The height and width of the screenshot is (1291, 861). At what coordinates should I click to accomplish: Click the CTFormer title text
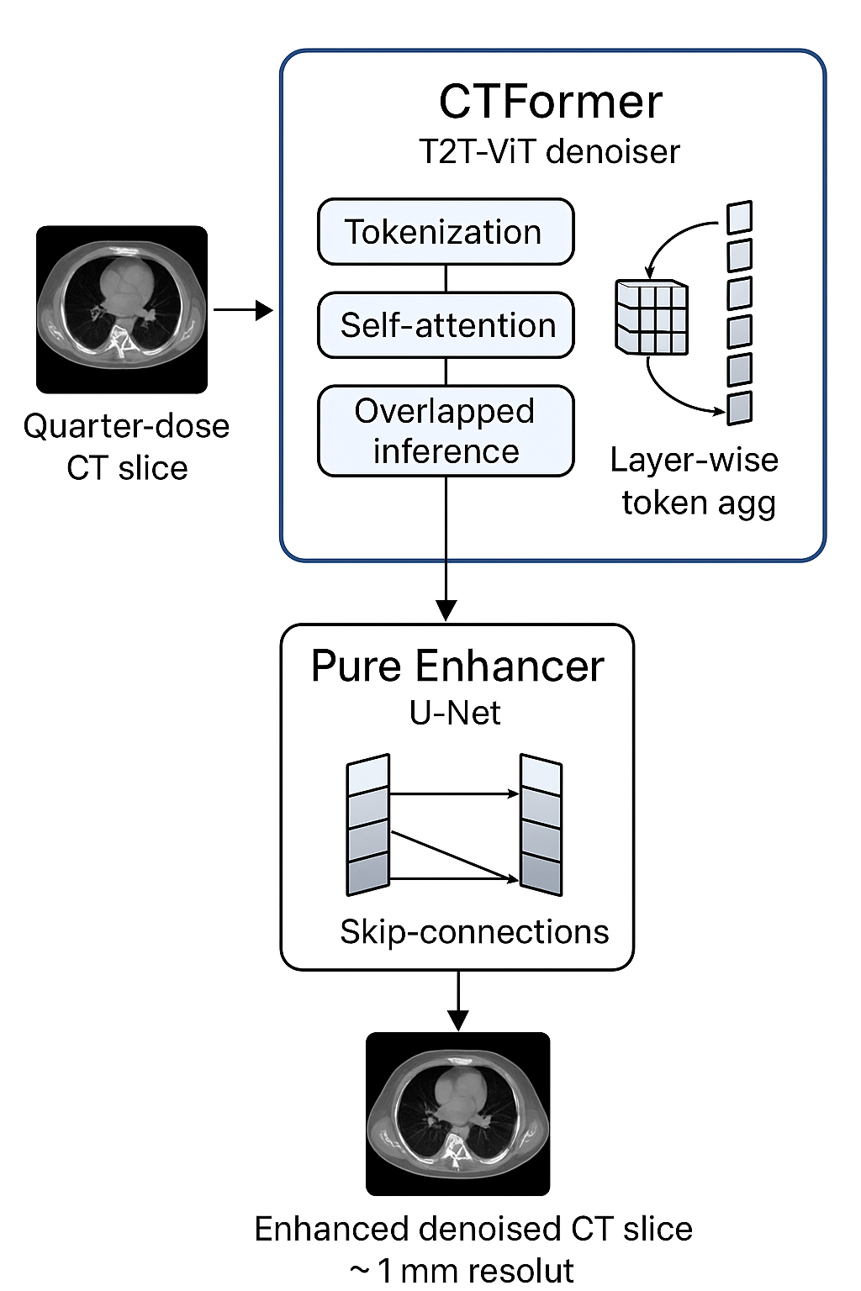[x=551, y=103]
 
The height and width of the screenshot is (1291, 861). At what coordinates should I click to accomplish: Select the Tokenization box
[x=446, y=232]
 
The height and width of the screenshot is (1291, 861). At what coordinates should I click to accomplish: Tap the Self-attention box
[x=446, y=325]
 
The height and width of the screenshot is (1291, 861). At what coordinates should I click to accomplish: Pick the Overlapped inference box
[x=446, y=431]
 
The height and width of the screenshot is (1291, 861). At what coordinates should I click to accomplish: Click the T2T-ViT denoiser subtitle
[x=549, y=152]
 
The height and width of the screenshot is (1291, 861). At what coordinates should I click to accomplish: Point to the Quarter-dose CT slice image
[x=122, y=309]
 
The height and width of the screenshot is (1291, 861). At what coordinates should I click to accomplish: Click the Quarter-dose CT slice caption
[x=126, y=446]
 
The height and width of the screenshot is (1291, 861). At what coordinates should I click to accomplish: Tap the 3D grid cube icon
[x=652, y=317]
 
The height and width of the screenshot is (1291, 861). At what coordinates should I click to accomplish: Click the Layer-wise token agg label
[x=695, y=481]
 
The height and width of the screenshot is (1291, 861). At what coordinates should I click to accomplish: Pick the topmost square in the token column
[x=739, y=218]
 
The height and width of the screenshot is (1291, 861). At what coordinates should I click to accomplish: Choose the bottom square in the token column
[x=739, y=408]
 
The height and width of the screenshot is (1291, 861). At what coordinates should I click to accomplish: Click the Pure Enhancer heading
[x=457, y=667]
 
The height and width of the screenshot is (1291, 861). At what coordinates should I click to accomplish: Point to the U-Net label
[x=455, y=713]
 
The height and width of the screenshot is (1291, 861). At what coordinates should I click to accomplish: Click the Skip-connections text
[x=474, y=932]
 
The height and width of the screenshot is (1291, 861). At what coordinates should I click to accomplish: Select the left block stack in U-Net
[x=368, y=825]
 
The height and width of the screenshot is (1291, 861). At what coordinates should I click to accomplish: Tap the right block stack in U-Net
[x=541, y=825]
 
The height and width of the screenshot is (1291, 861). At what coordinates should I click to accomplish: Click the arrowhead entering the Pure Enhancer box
[x=446, y=610]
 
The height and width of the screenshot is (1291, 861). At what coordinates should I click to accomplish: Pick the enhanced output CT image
[x=458, y=1114]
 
